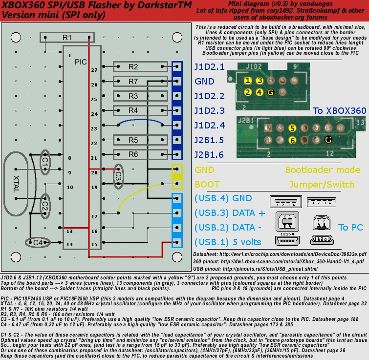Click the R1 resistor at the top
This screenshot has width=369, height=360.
(67, 38)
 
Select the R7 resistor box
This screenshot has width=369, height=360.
(133, 81)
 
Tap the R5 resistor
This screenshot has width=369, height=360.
(133, 140)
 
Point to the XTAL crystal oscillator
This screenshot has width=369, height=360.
(17, 185)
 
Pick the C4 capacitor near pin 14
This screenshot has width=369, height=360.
(37, 242)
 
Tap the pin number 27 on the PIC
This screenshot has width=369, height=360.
(94, 70)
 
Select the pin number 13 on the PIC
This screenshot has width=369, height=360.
(69, 231)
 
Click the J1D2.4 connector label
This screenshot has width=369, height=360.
(210, 126)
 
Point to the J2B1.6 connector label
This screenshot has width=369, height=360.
(210, 155)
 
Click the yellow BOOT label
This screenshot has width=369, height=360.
(207, 185)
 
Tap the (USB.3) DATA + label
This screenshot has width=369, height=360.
(230, 213)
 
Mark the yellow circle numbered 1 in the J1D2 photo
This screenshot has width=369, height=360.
(248, 81)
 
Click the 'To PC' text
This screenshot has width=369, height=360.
(350, 228)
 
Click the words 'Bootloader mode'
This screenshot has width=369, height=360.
(318, 170)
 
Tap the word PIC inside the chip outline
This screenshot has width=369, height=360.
(81, 62)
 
